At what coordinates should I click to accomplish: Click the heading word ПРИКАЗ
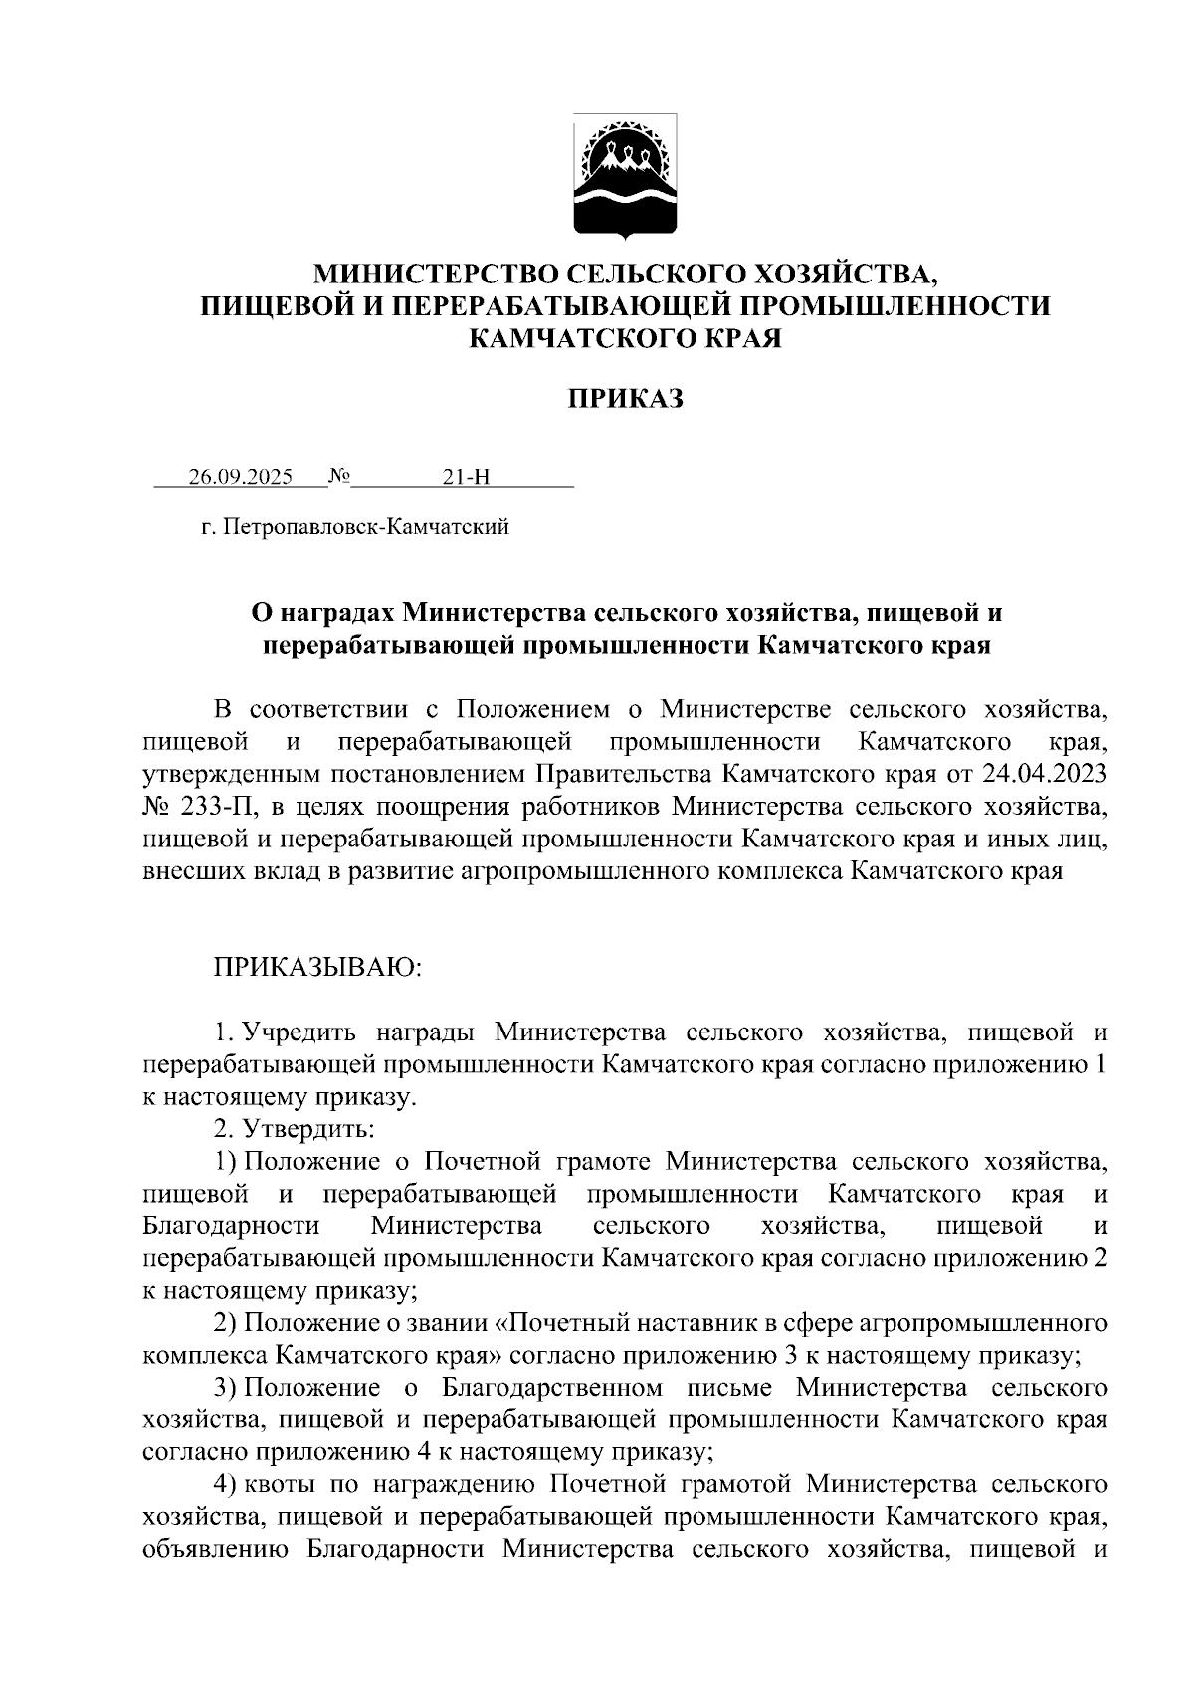pyautogui.click(x=625, y=400)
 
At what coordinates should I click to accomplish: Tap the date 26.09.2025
pyautogui.click(x=240, y=477)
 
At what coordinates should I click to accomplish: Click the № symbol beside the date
pyautogui.click(x=339, y=476)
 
